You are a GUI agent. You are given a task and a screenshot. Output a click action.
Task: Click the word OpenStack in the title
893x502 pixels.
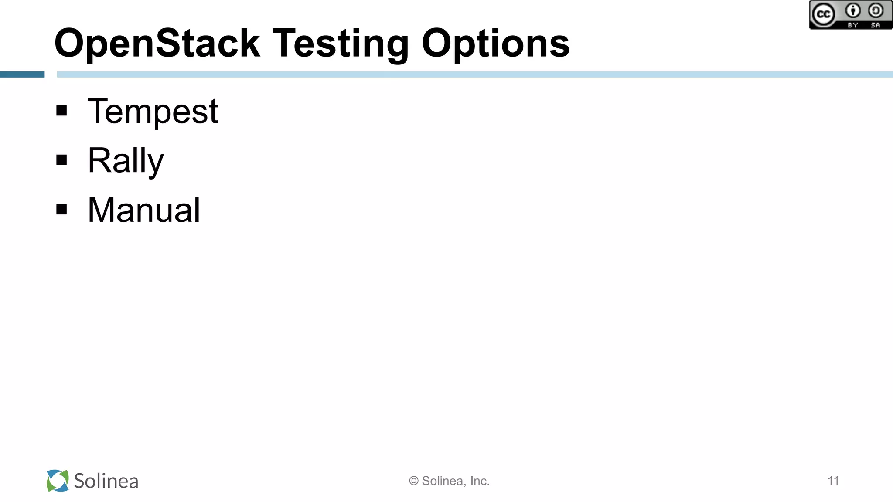click(x=157, y=44)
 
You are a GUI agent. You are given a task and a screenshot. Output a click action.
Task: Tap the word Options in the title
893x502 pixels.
click(x=495, y=44)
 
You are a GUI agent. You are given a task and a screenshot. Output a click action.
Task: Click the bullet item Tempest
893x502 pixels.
click(x=153, y=112)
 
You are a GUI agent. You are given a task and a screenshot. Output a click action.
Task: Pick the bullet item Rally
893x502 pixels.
click(x=126, y=161)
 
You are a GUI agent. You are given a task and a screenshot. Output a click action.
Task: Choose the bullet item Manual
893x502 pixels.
click(x=144, y=210)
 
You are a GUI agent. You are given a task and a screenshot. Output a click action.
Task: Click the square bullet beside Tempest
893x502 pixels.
click(x=62, y=111)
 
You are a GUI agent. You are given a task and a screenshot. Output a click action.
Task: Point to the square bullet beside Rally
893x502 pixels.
click(x=62, y=160)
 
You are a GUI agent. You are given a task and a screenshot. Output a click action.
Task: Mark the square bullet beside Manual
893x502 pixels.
click(x=62, y=210)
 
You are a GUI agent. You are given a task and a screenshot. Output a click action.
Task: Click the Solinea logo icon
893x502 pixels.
click(x=58, y=481)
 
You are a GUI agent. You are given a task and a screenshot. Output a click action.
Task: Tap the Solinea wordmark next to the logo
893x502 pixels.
click(x=106, y=481)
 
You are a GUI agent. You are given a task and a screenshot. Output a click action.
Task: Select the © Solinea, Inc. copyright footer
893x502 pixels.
click(x=449, y=481)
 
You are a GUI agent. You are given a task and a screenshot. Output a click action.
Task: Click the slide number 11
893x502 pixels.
click(x=833, y=481)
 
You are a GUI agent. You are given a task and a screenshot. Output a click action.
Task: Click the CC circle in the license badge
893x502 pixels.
click(x=823, y=14)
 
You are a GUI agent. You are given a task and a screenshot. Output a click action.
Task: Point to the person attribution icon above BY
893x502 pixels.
click(x=853, y=10)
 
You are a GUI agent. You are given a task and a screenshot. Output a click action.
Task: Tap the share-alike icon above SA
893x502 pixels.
click(x=876, y=10)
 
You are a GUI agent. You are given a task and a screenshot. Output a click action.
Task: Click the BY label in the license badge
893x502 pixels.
click(x=853, y=25)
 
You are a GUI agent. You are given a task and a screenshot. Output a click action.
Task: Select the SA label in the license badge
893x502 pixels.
click(x=876, y=25)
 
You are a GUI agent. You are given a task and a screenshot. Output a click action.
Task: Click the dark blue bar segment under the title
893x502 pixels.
click(x=22, y=75)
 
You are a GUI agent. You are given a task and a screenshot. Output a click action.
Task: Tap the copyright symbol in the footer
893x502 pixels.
click(x=414, y=481)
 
